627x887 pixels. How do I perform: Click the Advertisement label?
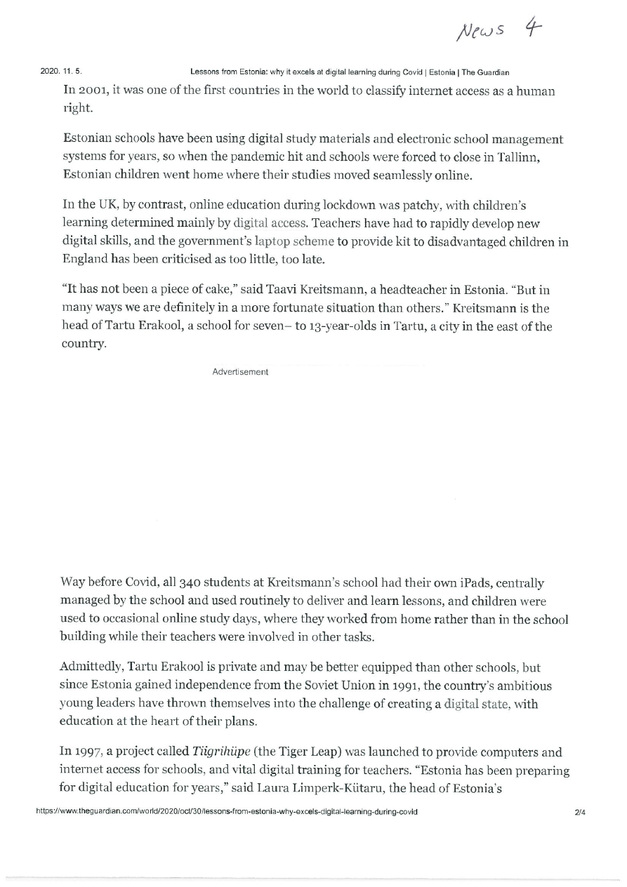[240, 372]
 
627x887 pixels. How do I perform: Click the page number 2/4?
[580, 811]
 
